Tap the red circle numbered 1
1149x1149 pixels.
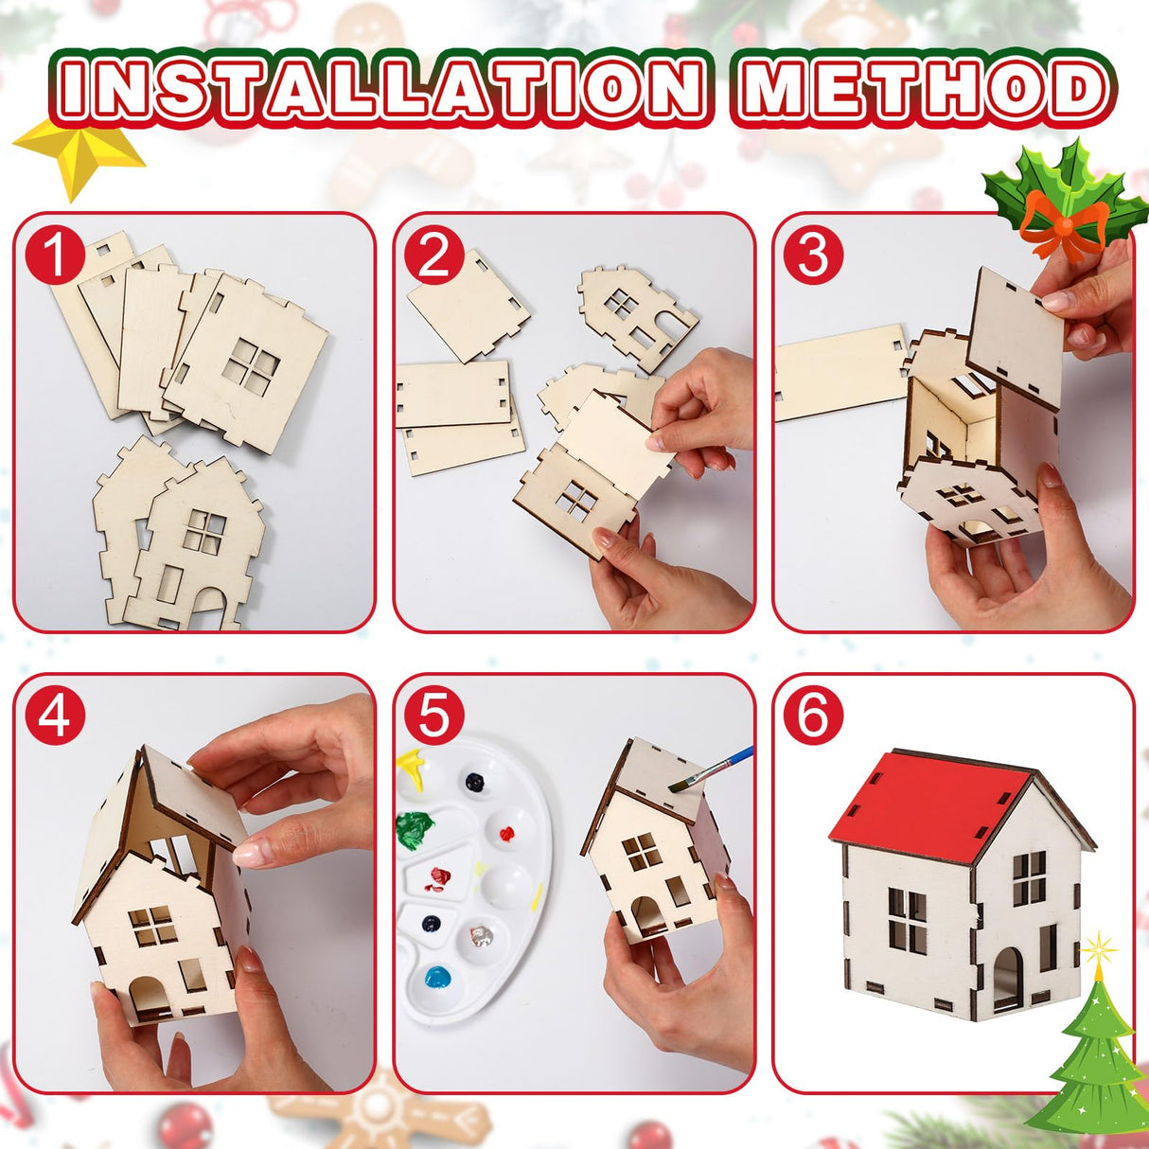(55, 256)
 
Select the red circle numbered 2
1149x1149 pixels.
(433, 256)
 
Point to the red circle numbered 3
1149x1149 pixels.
(813, 256)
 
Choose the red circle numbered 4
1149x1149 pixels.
(55, 716)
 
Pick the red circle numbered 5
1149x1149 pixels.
(433, 716)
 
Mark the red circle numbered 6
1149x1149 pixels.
(813, 716)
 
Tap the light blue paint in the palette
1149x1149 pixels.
(438, 977)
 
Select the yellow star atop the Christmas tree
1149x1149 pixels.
(1099, 949)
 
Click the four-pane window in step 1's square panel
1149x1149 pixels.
(252, 367)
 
